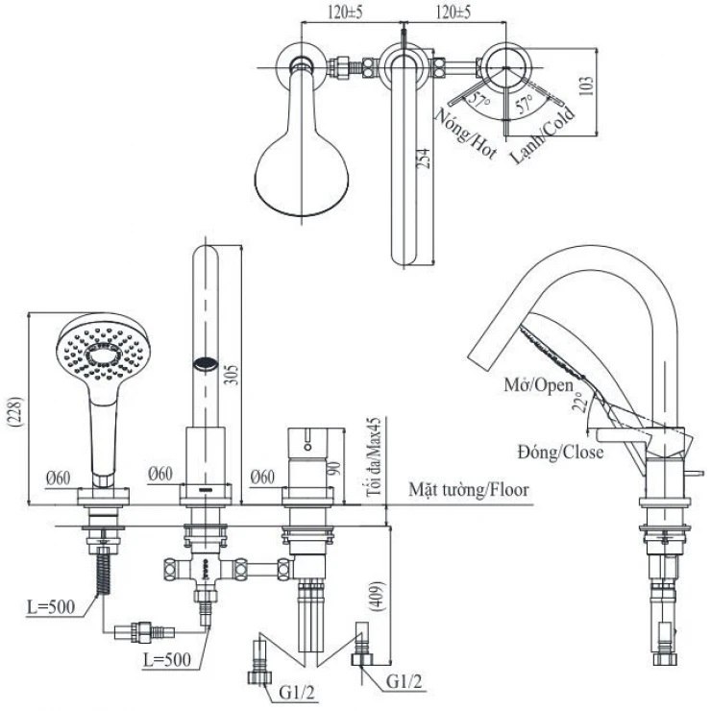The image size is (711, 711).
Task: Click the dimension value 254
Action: pos(424,159)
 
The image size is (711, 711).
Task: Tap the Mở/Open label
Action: pos(539,385)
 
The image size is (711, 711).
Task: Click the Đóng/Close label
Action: pos(558,452)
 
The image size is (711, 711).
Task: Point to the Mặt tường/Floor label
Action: pos(468,489)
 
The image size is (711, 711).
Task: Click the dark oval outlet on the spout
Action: pos(206,363)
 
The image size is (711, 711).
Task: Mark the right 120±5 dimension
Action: pos(453,12)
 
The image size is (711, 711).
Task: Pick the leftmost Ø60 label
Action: pos(61,475)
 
